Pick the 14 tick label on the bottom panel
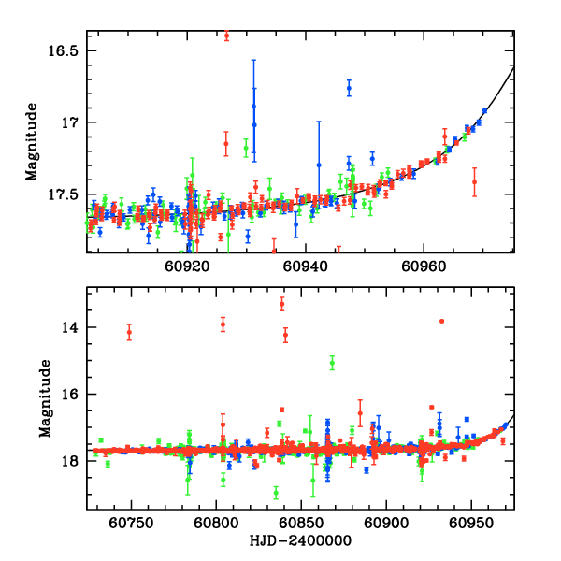(74, 327)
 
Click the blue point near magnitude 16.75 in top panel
(349, 88)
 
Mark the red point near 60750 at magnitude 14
(129, 331)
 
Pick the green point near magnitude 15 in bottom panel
(332, 362)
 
